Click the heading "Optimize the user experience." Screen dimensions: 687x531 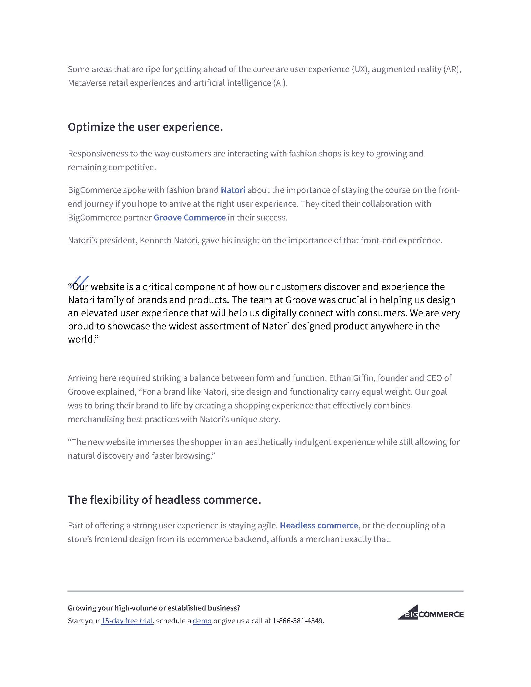click(x=145, y=127)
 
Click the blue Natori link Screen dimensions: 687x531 click(x=233, y=190)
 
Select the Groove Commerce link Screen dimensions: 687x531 click(x=189, y=218)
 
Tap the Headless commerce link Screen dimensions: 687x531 click(x=319, y=526)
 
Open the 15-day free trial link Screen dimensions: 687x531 click(x=127, y=621)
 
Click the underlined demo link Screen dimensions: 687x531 click(x=202, y=621)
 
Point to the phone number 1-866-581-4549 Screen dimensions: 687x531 click(x=298, y=621)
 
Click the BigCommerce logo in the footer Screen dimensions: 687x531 click(x=430, y=614)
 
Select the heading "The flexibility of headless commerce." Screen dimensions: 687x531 click(x=164, y=500)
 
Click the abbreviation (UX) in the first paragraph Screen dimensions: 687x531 click(x=359, y=70)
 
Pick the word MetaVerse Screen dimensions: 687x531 click(x=87, y=83)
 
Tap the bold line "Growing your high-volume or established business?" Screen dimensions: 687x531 click(x=154, y=608)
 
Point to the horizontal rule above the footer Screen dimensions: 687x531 click(x=265, y=591)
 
